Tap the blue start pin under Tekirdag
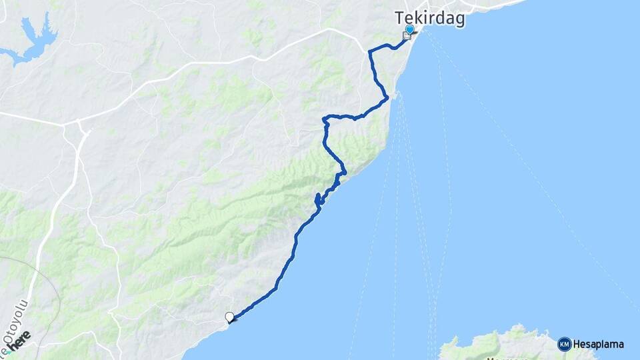coord(409,30)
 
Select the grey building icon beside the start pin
coord(406,36)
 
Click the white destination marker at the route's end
coord(230,317)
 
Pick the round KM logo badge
coord(564,344)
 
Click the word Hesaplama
coord(598,345)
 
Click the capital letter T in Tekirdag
coord(399,18)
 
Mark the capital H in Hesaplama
coord(577,345)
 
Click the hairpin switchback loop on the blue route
coord(318,199)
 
